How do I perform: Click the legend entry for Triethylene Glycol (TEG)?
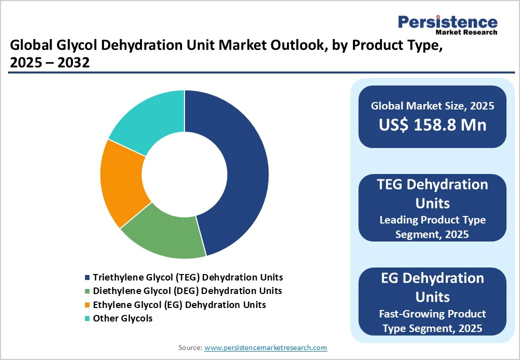(x=187, y=277)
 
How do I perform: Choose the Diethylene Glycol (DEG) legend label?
(x=187, y=290)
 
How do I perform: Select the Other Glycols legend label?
(x=122, y=318)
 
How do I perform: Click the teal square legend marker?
(x=88, y=318)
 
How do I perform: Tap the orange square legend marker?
(x=88, y=305)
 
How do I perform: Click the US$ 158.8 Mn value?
(x=432, y=125)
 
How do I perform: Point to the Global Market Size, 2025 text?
(x=432, y=105)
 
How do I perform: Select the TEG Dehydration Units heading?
(x=432, y=193)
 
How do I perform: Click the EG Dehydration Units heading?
(x=432, y=287)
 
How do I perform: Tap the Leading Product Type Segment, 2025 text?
(x=432, y=226)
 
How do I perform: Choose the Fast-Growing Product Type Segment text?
(x=432, y=320)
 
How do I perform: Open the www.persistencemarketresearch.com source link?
(x=266, y=347)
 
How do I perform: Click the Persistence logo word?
(x=447, y=22)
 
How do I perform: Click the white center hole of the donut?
(x=184, y=174)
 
